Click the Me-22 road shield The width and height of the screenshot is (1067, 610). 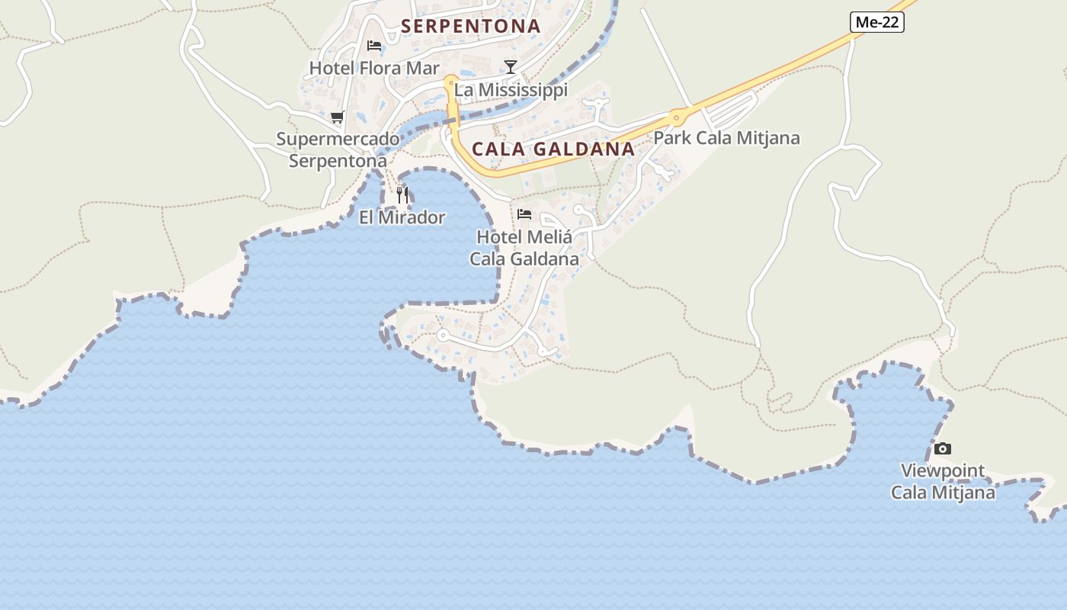pyautogui.click(x=877, y=22)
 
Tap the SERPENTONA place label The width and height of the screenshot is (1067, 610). pyautogui.click(x=470, y=26)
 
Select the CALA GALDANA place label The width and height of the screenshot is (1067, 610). pyautogui.click(x=553, y=149)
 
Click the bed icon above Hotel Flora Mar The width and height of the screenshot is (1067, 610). pyautogui.click(x=374, y=46)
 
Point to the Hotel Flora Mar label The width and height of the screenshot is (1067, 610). pyautogui.click(x=374, y=69)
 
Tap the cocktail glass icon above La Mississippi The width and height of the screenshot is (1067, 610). pyautogui.click(x=511, y=67)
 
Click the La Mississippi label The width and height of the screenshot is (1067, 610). pyautogui.click(x=511, y=90)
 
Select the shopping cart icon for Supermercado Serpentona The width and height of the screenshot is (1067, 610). pyautogui.click(x=337, y=117)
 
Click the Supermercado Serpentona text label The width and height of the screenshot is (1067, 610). pyautogui.click(x=338, y=150)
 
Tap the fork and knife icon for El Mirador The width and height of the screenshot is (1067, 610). pyautogui.click(x=402, y=194)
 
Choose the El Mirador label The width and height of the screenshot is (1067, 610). pyautogui.click(x=402, y=217)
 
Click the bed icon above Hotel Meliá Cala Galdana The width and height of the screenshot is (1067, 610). pyautogui.click(x=524, y=214)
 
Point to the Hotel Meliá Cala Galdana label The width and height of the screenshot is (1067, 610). pyautogui.click(x=524, y=248)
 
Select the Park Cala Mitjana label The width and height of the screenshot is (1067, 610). pyautogui.click(x=727, y=138)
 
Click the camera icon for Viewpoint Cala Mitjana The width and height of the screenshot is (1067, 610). pyautogui.click(x=943, y=448)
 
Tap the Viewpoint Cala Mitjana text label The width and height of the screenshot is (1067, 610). pyautogui.click(x=943, y=481)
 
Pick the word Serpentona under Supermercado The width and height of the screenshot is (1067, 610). pyautogui.click(x=338, y=161)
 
